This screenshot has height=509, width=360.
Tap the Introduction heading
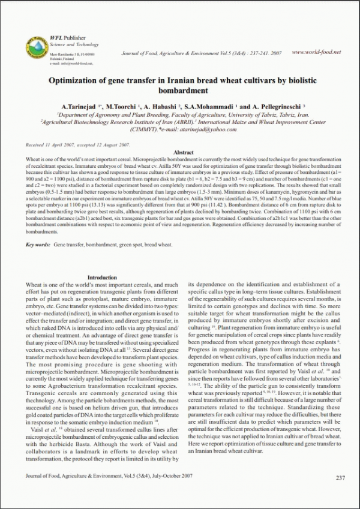coord(103,277)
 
